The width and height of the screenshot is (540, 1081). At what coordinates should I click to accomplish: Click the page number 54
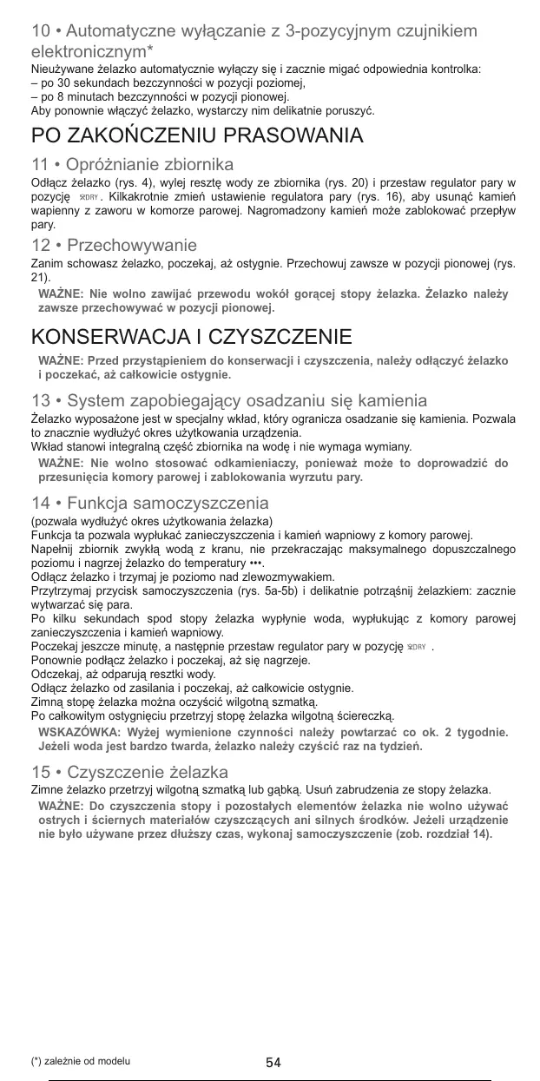tap(273, 1062)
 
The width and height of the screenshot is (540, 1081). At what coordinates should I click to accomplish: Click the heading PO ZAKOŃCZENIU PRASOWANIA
tap(197, 136)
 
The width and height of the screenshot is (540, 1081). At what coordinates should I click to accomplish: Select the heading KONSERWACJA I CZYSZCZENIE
tap(192, 337)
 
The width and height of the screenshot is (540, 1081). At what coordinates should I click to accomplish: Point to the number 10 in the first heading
tap(40, 32)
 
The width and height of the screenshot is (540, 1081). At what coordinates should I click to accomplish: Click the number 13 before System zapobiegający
tap(40, 401)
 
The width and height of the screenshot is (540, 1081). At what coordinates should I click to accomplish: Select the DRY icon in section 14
tap(442, 647)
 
